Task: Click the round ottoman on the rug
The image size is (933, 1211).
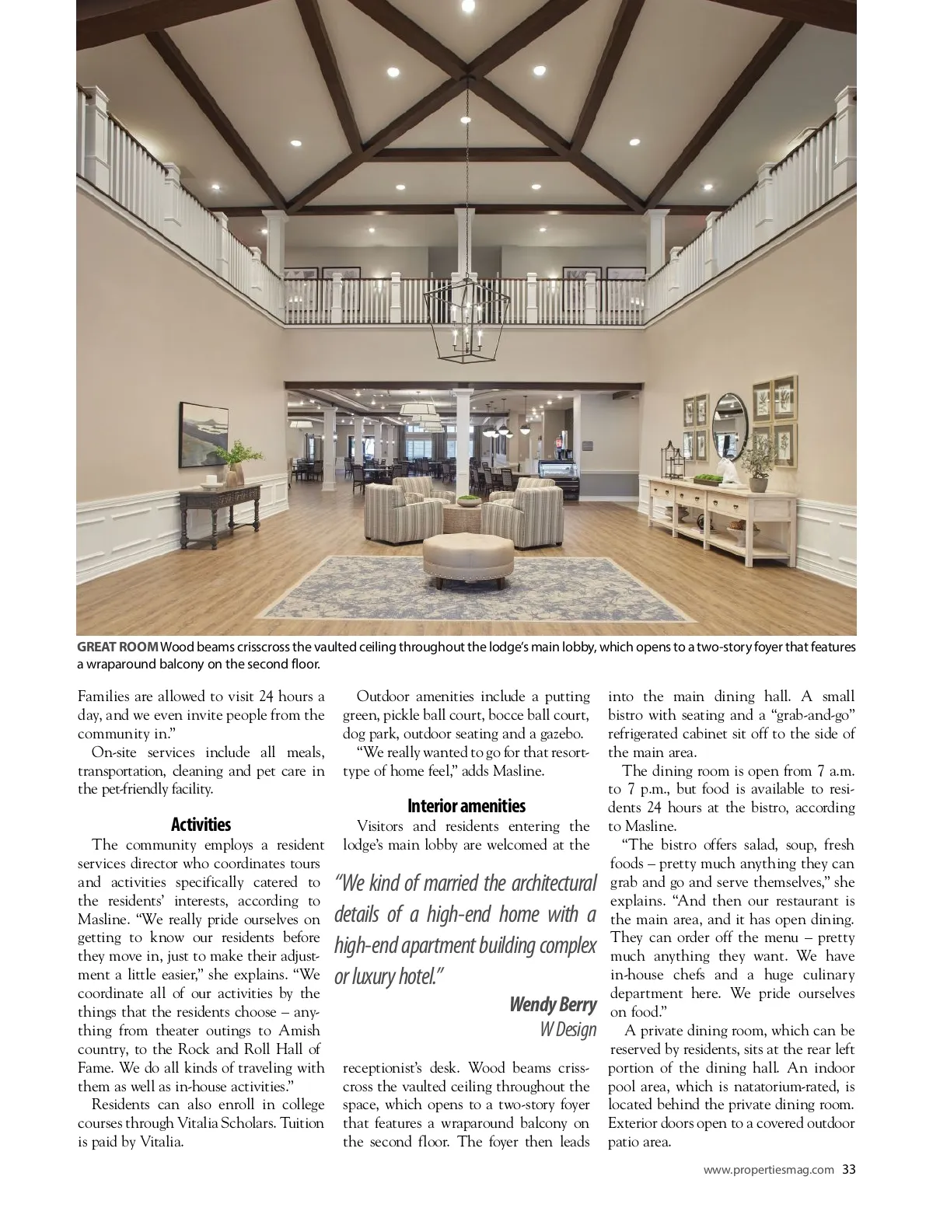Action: click(468, 555)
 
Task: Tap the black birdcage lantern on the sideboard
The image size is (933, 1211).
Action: click(672, 461)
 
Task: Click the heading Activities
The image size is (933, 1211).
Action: click(201, 825)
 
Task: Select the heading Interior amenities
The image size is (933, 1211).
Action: click(466, 806)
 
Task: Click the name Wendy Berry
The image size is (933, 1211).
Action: click(553, 1004)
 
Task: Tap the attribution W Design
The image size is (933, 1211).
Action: click(568, 1030)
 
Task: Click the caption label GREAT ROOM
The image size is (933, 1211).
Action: click(117, 647)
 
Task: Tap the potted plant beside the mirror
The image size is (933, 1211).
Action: click(754, 465)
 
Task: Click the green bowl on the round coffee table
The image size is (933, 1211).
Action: click(469, 501)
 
